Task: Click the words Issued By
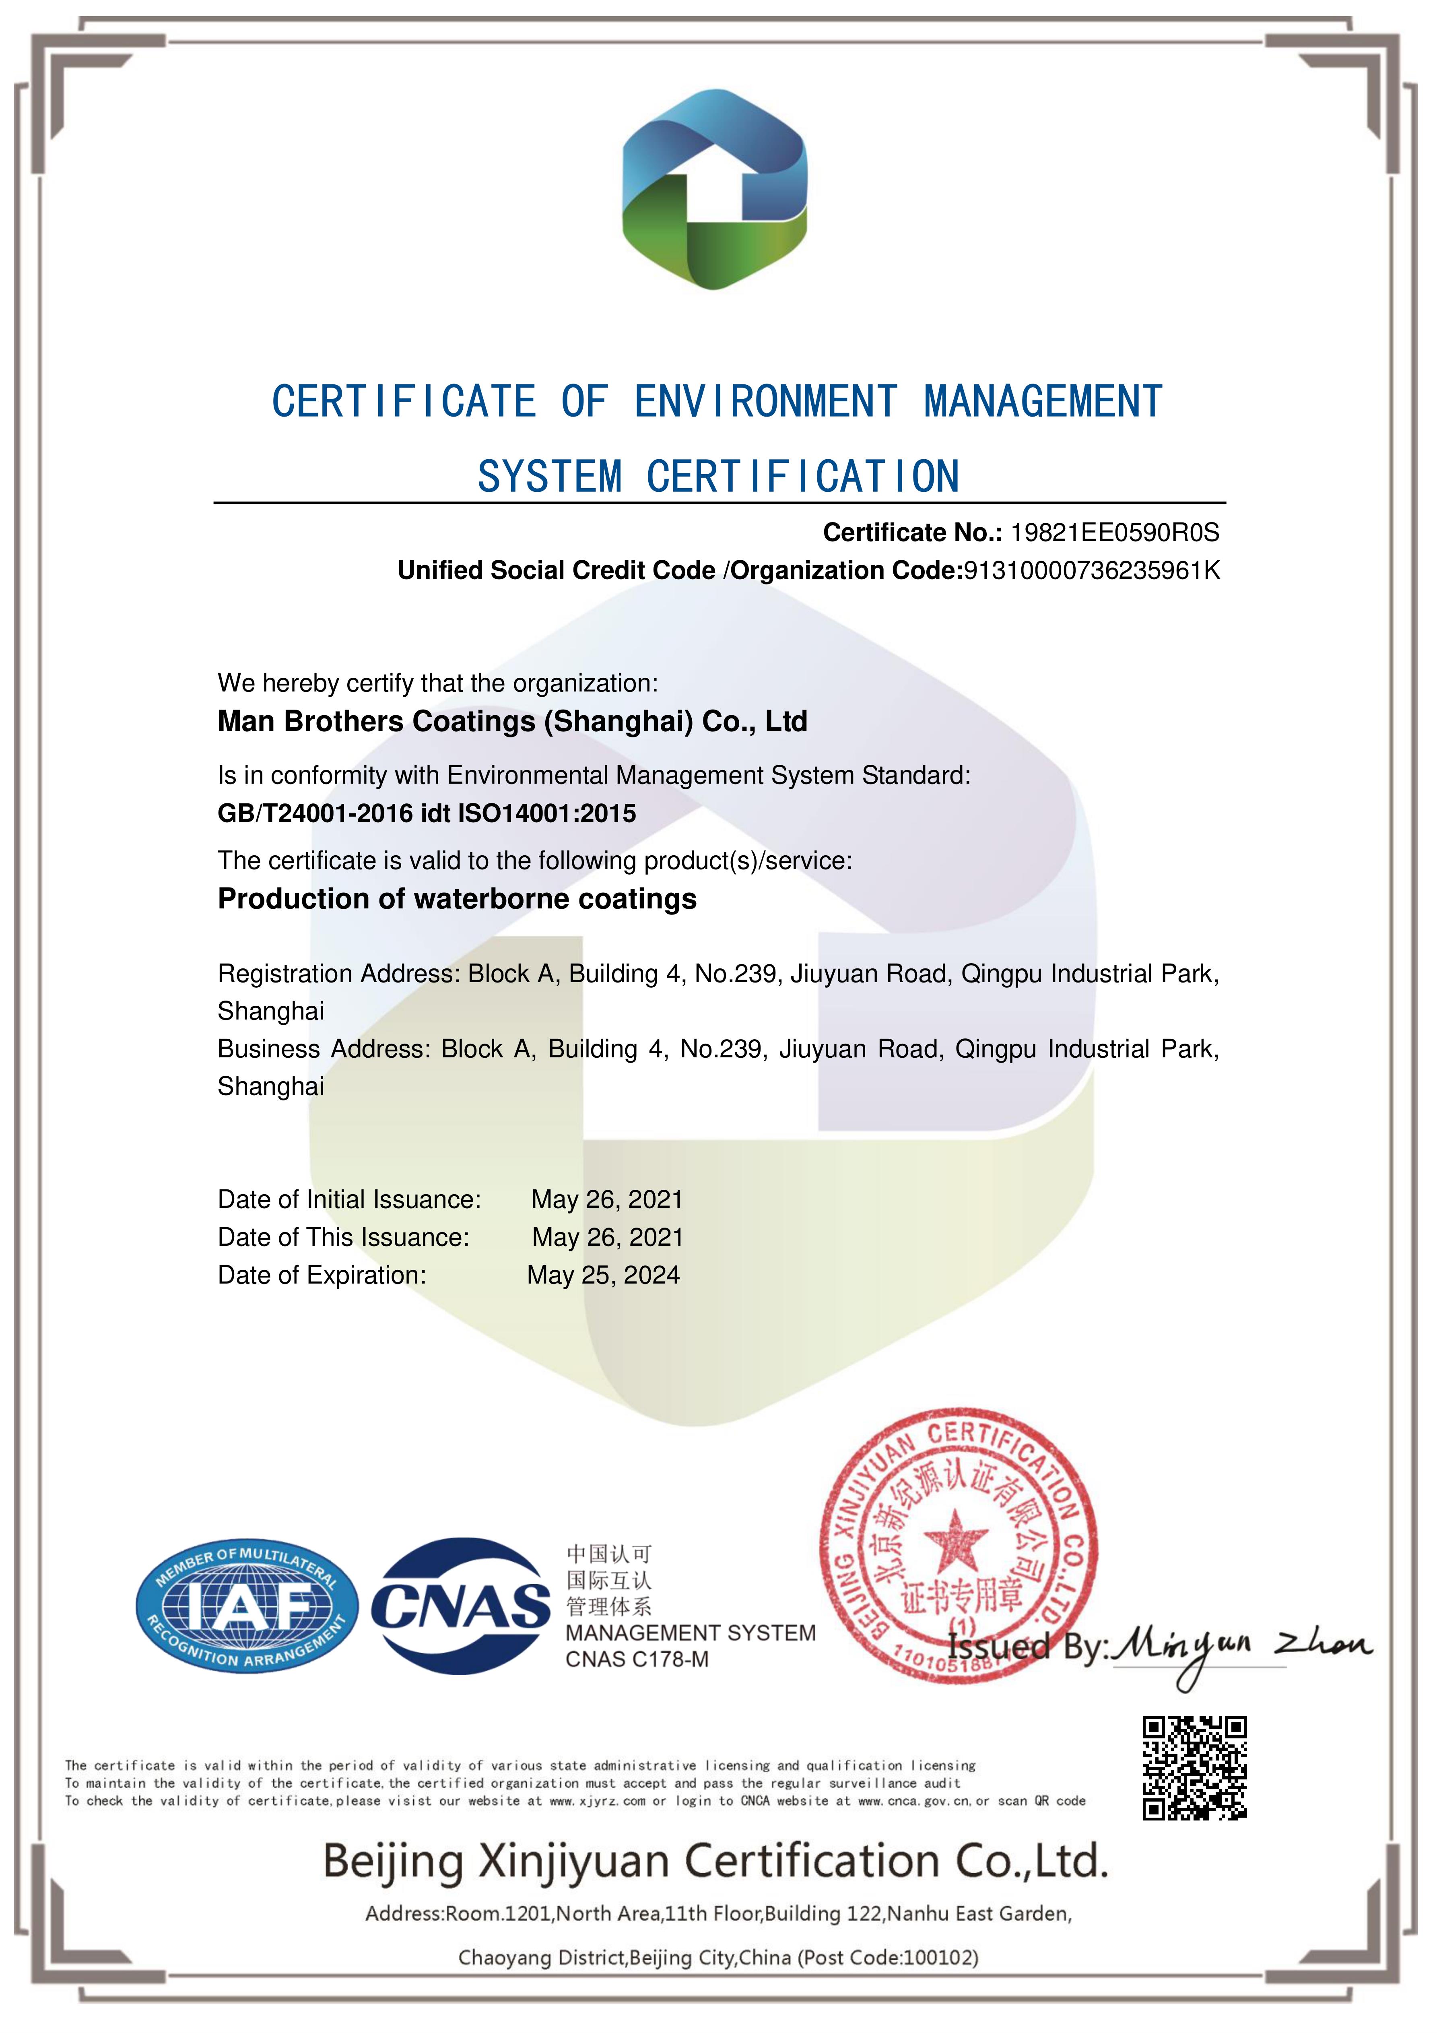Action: tap(1027, 1647)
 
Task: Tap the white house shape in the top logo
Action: tap(715, 188)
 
